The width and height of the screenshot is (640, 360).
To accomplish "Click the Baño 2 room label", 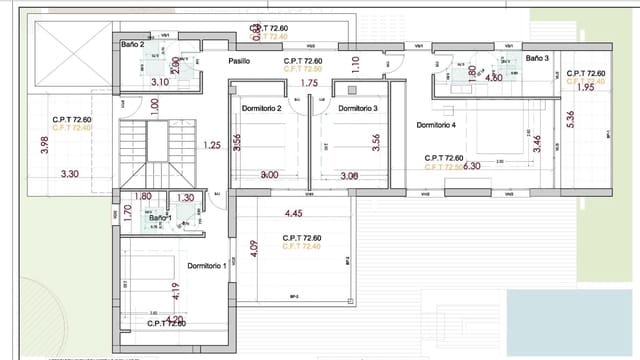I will coord(133,45).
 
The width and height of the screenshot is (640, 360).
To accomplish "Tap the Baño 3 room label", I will coord(539,59).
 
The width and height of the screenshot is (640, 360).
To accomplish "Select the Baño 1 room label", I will coord(133,217).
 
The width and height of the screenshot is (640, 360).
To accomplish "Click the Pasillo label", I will coord(239,61).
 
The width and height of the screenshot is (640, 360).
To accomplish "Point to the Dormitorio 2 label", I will coord(261,108).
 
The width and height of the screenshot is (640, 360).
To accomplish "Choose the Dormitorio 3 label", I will coord(357,108).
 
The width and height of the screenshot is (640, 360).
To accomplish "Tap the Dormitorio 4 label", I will coord(436,125).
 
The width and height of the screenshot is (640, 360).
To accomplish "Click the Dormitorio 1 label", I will coord(207,265).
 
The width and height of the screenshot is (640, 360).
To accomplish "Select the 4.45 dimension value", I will coord(294,213).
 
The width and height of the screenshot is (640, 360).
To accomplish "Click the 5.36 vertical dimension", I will coord(570,119).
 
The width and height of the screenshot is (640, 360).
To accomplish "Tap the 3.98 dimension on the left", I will coord(43,145).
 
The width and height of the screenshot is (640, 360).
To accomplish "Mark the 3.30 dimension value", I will coord(70,174).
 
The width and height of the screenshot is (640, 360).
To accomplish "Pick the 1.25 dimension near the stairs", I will coord(211,145).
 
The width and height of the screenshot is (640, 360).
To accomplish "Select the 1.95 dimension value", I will coord(586,87).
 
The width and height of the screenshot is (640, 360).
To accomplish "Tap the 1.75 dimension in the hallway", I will coord(309,84).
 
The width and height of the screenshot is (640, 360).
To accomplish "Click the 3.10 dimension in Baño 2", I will coord(159,82).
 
